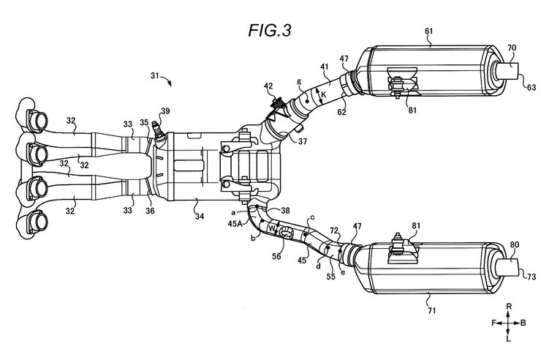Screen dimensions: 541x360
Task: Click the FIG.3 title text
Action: [270, 30]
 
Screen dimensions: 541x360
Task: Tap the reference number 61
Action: [428, 31]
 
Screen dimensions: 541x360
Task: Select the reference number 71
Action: [431, 311]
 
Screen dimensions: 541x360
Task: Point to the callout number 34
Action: [200, 217]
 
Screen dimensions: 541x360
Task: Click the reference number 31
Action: [155, 75]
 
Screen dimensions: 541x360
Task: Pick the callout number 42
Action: [268, 86]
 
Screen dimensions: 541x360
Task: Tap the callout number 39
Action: [166, 110]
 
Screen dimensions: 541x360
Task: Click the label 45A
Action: [235, 223]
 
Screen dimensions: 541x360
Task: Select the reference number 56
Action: [276, 256]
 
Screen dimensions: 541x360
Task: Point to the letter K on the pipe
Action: [323, 94]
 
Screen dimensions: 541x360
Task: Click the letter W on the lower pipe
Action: [272, 228]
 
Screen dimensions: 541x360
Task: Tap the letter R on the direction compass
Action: [509, 306]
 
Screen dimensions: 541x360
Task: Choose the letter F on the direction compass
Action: [493, 323]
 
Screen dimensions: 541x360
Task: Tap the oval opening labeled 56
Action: [287, 232]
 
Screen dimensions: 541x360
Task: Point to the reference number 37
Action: [303, 141]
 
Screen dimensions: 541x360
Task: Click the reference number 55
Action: [331, 277]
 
